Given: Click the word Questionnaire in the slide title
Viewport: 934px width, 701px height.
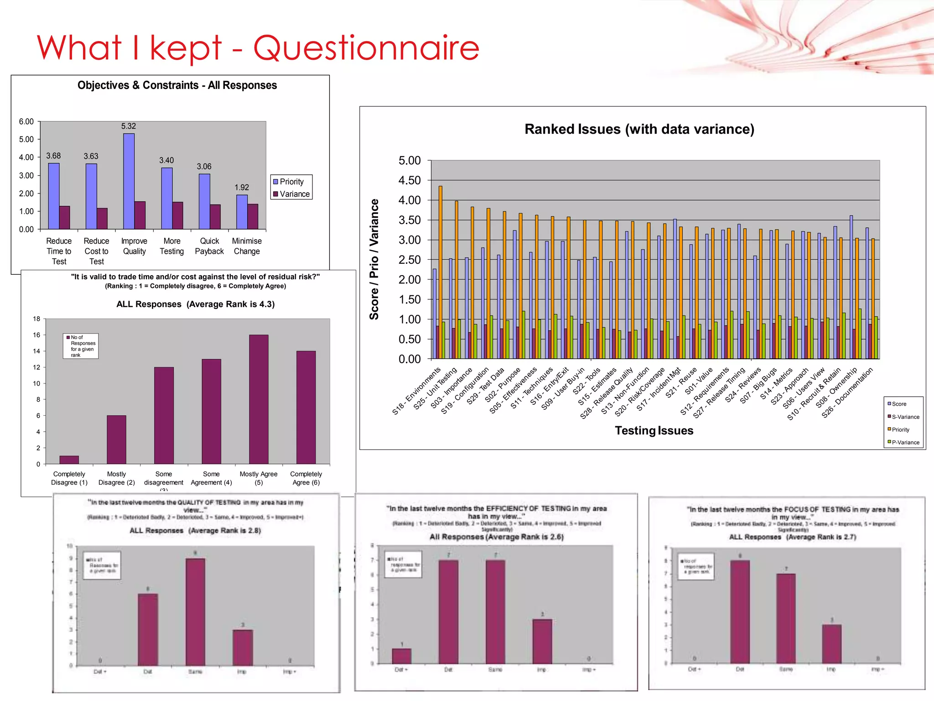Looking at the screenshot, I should pos(366,48).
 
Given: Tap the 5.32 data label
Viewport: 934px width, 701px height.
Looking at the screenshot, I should pos(129,126).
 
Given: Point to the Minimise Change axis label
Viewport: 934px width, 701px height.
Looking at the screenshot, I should pos(247,246).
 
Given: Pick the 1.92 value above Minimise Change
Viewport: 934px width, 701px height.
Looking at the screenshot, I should pos(242,187).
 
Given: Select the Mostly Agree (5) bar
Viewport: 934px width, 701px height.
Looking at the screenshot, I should pos(259,399).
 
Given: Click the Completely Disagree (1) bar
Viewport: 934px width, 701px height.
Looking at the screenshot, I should pos(69,460).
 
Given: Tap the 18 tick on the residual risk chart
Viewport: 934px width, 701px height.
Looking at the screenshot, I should pos(36,319).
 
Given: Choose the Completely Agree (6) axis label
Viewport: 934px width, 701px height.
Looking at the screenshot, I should pos(306,478).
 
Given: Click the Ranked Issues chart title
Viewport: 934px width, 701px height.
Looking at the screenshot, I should pos(639,129).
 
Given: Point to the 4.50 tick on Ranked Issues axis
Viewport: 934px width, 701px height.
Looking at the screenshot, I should pos(410,180).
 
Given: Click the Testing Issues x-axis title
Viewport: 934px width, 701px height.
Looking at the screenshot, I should pos(654,430).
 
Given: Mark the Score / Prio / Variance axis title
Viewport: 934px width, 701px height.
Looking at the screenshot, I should pos(374,259).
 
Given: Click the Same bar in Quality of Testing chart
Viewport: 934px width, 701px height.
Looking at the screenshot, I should pos(195,612).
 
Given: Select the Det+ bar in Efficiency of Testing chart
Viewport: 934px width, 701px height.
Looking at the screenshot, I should pos(401,656).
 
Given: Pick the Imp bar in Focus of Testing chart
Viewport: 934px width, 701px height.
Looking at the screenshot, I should pos(831,644).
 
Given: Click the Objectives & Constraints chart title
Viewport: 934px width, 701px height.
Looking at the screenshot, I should pos(177,85).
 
